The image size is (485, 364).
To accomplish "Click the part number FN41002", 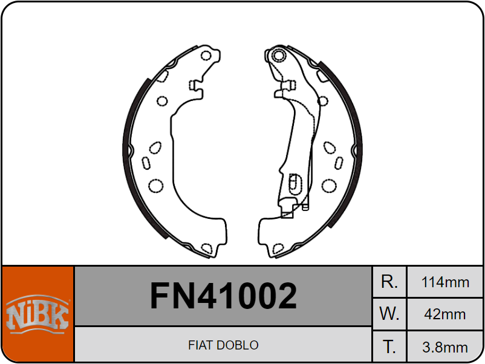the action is click(x=223, y=296).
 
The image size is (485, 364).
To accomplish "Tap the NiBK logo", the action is click(x=37, y=314).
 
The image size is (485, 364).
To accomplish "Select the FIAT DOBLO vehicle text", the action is click(x=223, y=345).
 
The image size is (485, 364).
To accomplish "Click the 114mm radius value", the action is click(x=445, y=282).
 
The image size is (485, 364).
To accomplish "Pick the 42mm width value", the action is click(x=445, y=314).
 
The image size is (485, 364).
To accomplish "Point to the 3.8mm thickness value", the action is click(x=445, y=347).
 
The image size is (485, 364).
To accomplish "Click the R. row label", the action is click(x=389, y=282).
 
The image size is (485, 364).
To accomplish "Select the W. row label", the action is click(x=389, y=314).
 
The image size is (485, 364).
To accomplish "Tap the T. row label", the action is click(x=389, y=346).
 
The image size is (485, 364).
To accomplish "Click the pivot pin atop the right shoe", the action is click(x=278, y=56).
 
